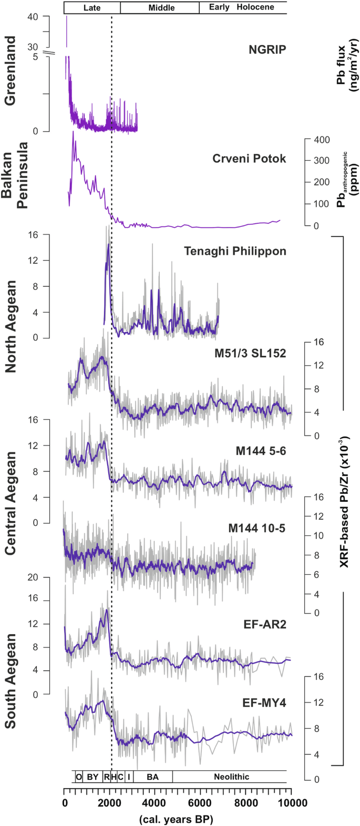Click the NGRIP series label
pos(268,50)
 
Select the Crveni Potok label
pos(249,158)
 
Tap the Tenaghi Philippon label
pos(235,251)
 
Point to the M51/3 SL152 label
pos(251,354)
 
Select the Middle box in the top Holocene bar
pos(161,7)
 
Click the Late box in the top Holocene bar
pos(92,7)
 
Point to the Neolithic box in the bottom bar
pos(231,777)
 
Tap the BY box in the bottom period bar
pos(92,777)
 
